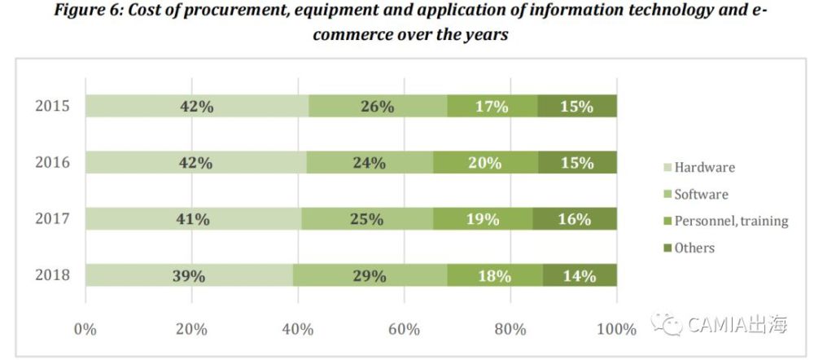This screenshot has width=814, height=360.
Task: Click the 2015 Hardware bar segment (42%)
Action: tap(197, 107)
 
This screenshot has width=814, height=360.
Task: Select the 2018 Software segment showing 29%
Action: tap(370, 276)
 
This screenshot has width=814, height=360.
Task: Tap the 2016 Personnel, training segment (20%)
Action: tap(484, 163)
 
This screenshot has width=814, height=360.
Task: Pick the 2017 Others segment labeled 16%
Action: tap(574, 219)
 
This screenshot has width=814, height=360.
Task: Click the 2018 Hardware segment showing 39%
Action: tap(189, 276)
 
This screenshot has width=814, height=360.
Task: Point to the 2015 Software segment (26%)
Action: tap(378, 107)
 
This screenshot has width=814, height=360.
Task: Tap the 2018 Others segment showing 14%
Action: tap(579, 276)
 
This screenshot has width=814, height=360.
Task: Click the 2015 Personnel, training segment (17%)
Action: tap(492, 107)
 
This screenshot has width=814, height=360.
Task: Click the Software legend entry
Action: tap(701, 195)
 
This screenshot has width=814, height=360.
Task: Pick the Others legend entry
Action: tap(694, 248)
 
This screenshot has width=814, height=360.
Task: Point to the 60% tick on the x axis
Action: tap(404, 330)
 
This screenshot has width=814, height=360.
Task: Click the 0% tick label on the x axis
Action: tap(85, 330)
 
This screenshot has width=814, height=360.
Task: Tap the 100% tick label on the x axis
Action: tap(616, 330)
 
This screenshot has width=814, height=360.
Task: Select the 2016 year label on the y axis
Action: tap(53, 163)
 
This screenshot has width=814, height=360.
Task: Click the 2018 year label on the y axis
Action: tap(53, 276)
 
